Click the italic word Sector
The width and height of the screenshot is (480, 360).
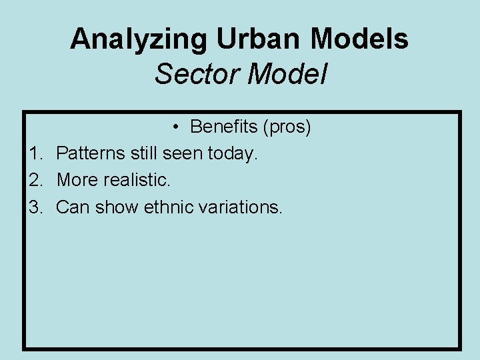(197, 74)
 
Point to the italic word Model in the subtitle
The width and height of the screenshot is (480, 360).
(287, 74)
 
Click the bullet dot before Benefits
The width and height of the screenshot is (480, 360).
(173, 127)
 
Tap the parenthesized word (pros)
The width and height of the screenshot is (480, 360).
(287, 127)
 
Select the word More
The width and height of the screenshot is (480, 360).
(77, 180)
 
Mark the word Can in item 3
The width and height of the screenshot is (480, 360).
(73, 207)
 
